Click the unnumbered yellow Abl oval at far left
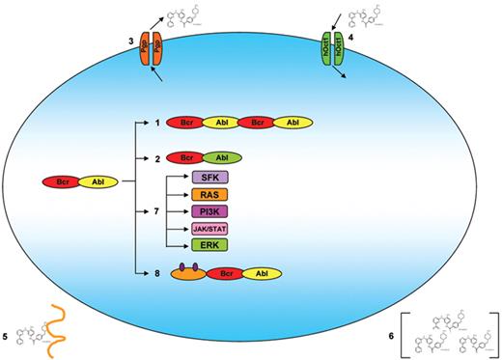[98, 180]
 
